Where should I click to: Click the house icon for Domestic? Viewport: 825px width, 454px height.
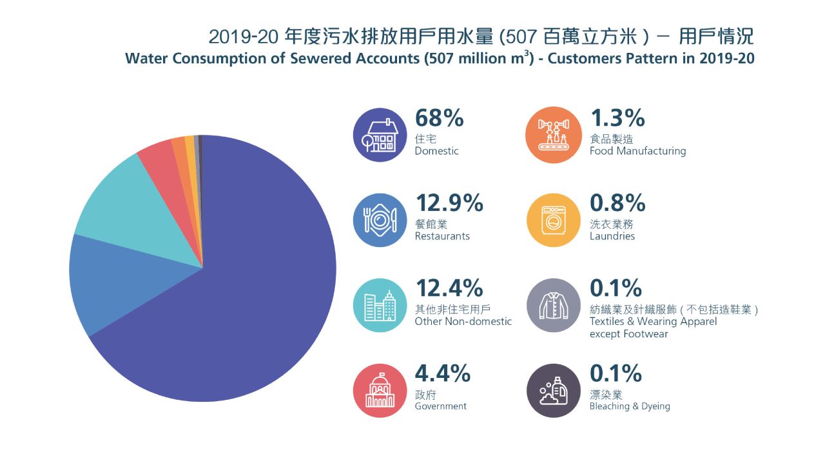tap(380, 135)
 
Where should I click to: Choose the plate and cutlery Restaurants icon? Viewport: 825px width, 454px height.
tap(380, 220)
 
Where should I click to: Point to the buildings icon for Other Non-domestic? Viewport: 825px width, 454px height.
tap(380, 305)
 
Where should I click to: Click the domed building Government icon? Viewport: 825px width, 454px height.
tap(380, 390)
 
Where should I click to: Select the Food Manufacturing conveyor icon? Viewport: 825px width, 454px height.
tap(554, 135)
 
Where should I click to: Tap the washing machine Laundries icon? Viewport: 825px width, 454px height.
tap(554, 220)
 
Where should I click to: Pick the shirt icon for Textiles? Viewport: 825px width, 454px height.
tap(554, 305)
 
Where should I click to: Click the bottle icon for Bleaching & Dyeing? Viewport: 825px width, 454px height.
tap(554, 390)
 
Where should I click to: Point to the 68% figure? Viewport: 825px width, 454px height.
tap(440, 118)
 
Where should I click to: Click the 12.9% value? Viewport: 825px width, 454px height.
tap(449, 203)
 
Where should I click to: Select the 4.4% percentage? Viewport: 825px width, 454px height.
tap(442, 373)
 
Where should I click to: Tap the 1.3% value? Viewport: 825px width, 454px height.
tap(617, 118)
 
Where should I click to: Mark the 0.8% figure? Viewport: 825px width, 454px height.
tap(617, 203)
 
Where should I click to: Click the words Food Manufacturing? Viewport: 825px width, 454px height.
tap(637, 151)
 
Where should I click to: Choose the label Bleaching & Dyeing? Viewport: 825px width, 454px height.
tap(630, 406)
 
